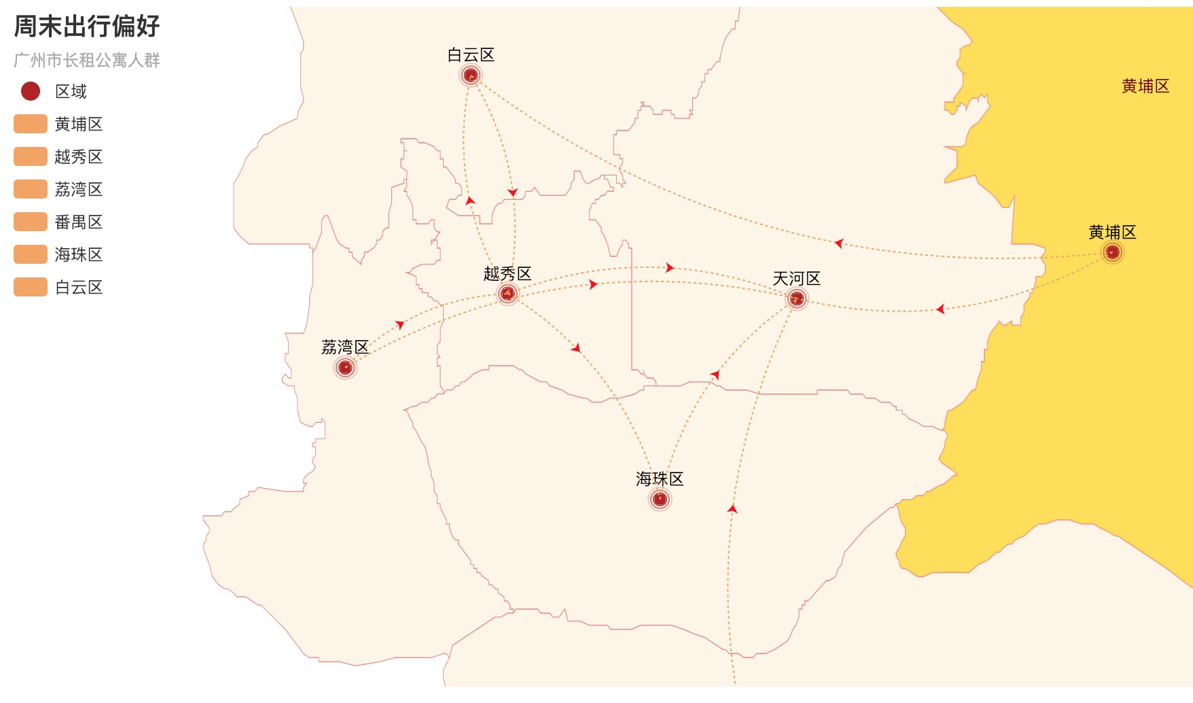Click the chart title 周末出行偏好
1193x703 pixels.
coord(87,27)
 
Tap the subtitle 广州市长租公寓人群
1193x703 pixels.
coord(87,61)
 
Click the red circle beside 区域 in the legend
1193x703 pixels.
coord(31,91)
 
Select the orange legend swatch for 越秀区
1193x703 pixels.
coord(31,156)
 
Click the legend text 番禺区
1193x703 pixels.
coord(79,222)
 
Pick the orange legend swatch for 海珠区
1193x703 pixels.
coord(31,254)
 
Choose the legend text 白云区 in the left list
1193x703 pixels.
coord(79,288)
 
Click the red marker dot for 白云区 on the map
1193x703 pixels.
coord(471,75)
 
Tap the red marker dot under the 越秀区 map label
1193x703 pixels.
coord(508,294)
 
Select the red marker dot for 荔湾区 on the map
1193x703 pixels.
coord(345,368)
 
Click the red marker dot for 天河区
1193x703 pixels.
coord(797,298)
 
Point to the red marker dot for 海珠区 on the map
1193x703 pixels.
coord(660,500)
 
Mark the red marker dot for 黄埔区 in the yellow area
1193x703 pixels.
coord(1112,253)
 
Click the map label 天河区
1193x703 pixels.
coord(797,279)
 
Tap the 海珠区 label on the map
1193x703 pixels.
coord(660,479)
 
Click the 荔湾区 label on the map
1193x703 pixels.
coord(345,347)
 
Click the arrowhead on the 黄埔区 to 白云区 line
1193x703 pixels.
coord(839,243)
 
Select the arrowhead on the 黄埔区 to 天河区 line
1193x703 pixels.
coord(940,309)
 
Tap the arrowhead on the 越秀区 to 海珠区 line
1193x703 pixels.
coord(576,348)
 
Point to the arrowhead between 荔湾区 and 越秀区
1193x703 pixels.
coord(400,325)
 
